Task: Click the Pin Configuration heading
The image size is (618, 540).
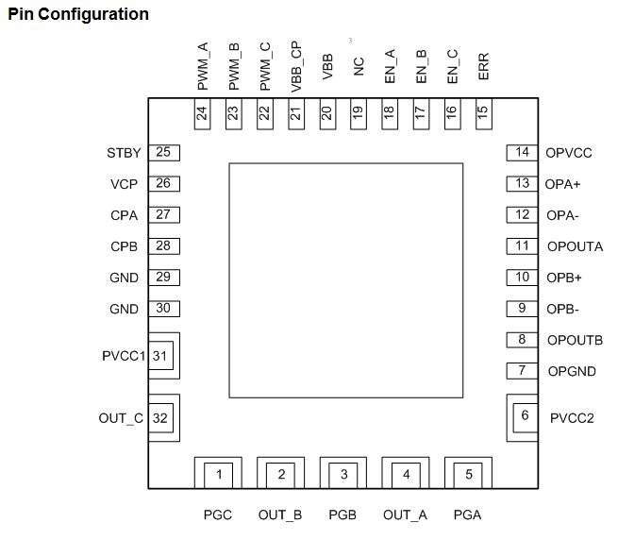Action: tap(78, 14)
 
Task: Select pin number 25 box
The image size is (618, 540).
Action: tap(163, 152)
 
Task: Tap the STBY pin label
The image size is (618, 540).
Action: tap(124, 153)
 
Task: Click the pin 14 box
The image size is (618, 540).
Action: tap(522, 152)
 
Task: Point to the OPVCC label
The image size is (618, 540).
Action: tap(568, 153)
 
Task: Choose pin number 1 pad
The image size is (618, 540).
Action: tap(219, 474)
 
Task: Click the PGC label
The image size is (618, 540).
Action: tap(218, 515)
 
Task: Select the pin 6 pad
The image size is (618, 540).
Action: tap(526, 415)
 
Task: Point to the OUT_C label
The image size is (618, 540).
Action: tap(120, 417)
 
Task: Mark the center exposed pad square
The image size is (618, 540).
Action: tap(345, 279)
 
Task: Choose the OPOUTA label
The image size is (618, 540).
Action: tap(575, 246)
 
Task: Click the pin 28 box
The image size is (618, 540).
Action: tap(163, 246)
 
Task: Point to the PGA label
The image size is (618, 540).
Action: tap(468, 515)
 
